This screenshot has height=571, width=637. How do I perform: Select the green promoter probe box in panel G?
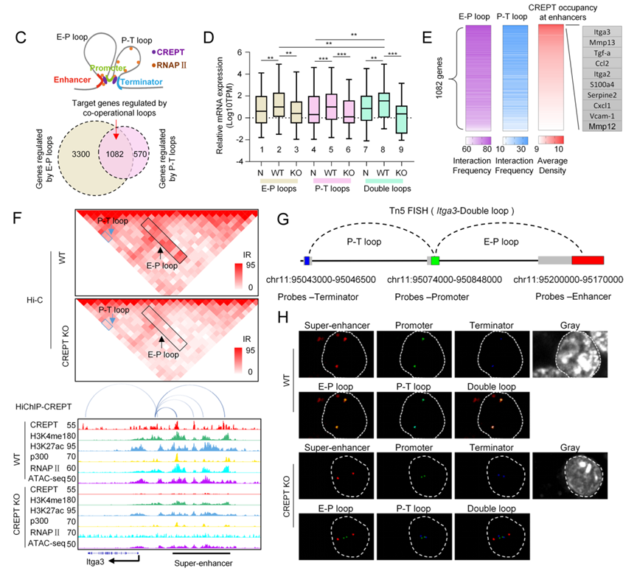coord(435,261)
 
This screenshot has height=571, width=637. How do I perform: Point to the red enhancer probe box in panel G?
coord(588,261)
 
